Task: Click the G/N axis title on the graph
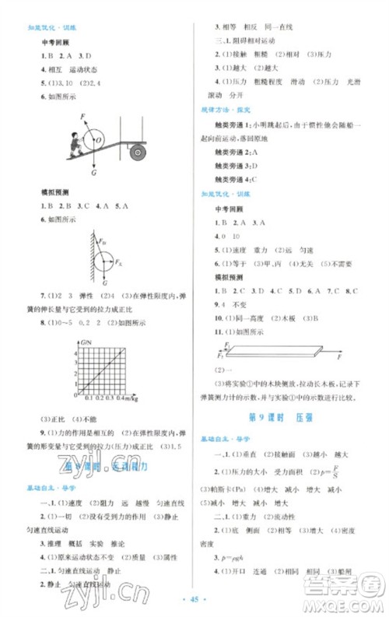(x=85, y=343)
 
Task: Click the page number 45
(x=194, y=605)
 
